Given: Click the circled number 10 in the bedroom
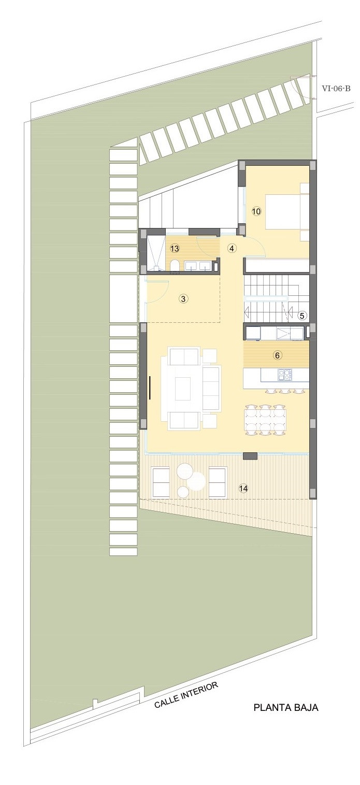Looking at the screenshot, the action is click(256, 211).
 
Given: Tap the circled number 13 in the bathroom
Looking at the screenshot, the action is click(175, 249).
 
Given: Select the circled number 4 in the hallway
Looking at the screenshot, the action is click(232, 249).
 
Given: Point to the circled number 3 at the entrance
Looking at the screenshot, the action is click(183, 299).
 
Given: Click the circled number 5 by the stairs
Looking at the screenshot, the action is click(303, 316).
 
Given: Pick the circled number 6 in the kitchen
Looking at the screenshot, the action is click(277, 355).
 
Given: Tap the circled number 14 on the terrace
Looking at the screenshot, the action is click(243, 488).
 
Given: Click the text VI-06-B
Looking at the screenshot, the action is click(336, 89).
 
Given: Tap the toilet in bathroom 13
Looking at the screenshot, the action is click(175, 266).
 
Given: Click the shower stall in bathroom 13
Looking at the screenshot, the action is click(155, 253).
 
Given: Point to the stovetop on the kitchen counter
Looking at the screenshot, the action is click(285, 375).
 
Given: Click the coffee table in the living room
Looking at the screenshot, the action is click(183, 388).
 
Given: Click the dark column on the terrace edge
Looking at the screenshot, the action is click(250, 456).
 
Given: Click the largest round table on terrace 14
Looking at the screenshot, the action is click(196, 481).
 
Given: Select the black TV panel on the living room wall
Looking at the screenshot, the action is click(150, 388).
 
